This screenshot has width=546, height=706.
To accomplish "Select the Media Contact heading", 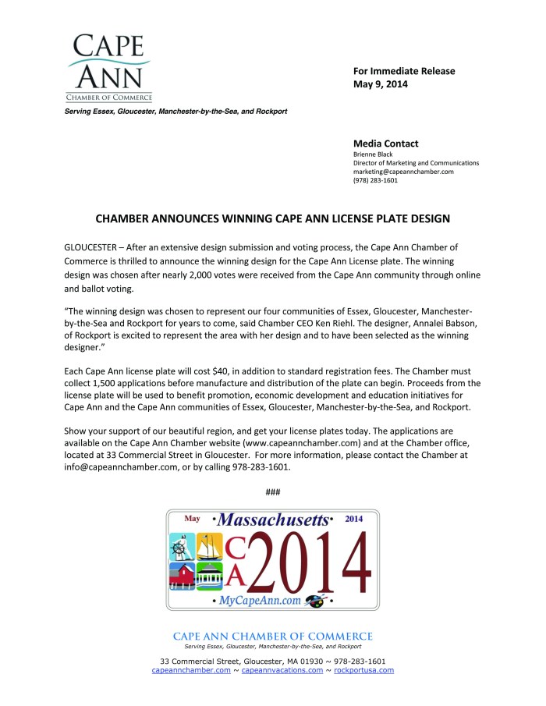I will [385, 144].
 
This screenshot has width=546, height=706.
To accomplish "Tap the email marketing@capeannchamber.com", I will [403, 172].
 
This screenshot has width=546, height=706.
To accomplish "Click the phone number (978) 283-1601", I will [375, 180].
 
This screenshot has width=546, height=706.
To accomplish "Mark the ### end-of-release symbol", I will [272, 491].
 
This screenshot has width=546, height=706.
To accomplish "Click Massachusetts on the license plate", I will [273, 520].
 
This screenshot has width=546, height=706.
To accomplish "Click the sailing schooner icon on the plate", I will [208, 546].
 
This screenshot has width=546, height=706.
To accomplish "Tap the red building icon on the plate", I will [181, 577].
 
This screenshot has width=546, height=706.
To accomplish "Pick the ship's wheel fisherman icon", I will [181, 546].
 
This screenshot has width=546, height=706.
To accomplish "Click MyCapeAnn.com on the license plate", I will [260, 601].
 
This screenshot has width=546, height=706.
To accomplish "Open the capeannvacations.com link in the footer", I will [282, 670].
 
